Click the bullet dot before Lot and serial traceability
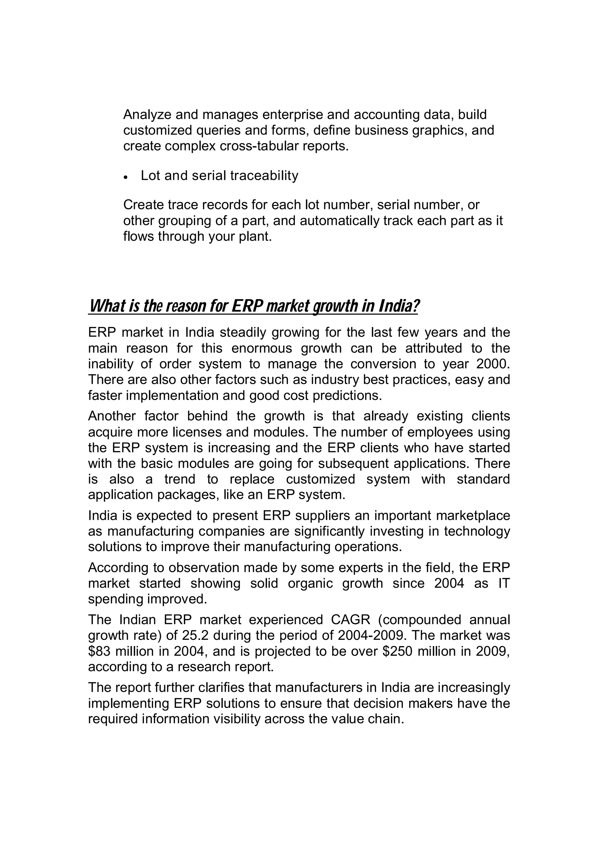[126, 177]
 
